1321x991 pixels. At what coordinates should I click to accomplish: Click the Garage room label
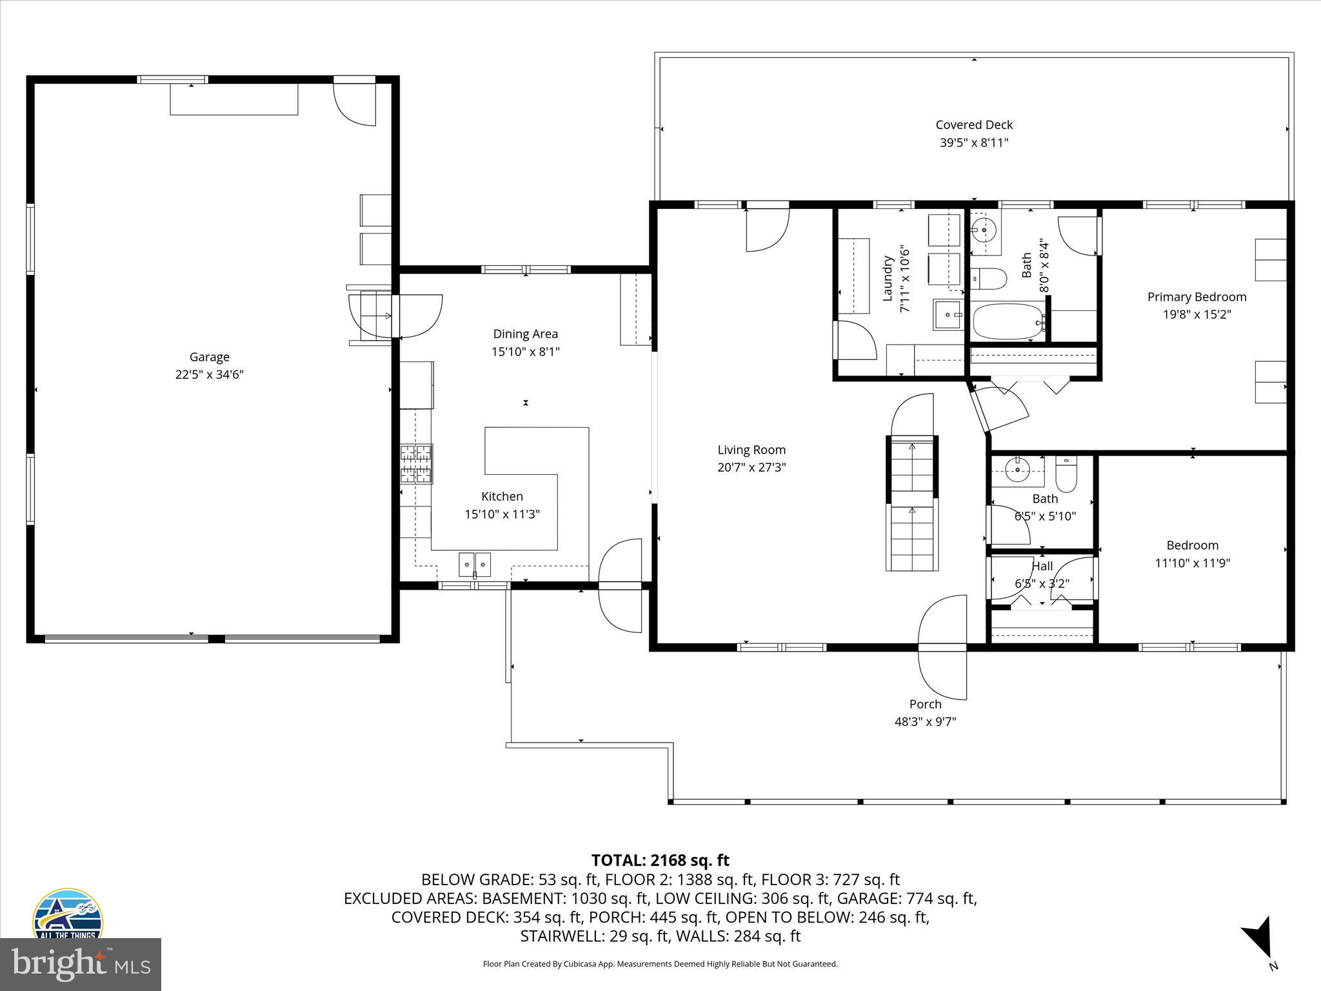click(x=209, y=357)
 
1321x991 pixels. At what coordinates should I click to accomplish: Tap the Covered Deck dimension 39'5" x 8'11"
click(x=973, y=143)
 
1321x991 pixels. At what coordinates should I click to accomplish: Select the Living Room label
click(x=751, y=450)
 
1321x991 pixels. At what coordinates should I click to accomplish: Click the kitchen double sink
click(x=475, y=564)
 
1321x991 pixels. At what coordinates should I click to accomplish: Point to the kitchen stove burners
click(x=416, y=464)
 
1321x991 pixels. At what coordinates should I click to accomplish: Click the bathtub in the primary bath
click(x=1008, y=322)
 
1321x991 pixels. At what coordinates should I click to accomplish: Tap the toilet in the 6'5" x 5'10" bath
click(x=1066, y=475)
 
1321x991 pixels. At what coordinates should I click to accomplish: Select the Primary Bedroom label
click(x=1197, y=297)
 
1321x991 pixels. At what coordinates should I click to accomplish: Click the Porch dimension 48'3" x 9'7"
click(x=925, y=721)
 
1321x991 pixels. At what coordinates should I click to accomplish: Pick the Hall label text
click(x=1042, y=566)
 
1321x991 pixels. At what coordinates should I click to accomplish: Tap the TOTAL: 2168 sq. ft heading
click(x=660, y=860)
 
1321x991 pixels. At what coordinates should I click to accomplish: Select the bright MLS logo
click(x=81, y=964)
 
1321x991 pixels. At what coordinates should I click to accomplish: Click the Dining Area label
click(x=525, y=334)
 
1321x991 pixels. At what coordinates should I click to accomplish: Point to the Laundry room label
click(x=888, y=278)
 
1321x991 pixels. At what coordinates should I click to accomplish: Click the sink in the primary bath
click(x=985, y=230)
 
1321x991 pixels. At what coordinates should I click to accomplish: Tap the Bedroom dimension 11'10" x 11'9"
click(x=1192, y=563)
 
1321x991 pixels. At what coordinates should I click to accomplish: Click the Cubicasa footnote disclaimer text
click(x=660, y=964)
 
